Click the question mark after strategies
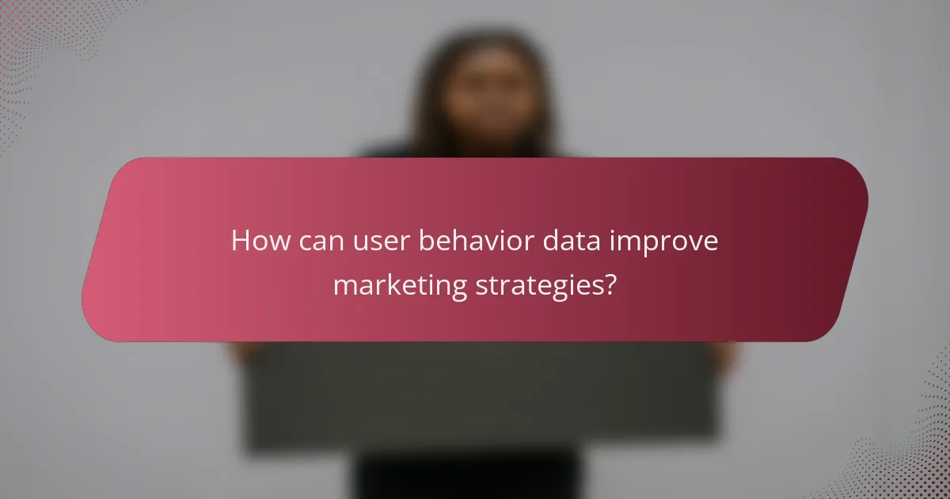[x=608, y=284]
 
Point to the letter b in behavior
[x=425, y=241]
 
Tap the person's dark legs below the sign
[x=467, y=475]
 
